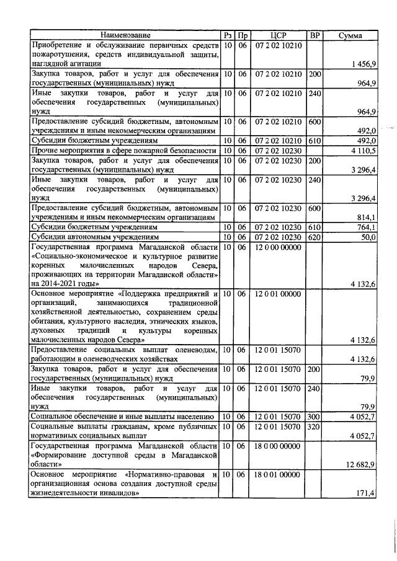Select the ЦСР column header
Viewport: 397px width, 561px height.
(x=277, y=36)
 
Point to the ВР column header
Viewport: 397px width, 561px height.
(x=314, y=36)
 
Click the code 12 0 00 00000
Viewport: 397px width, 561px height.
(x=277, y=247)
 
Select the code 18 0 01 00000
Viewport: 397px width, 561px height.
(x=277, y=474)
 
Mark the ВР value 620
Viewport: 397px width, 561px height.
(x=314, y=237)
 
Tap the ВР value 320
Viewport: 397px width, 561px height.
(x=314, y=426)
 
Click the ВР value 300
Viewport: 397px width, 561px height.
(x=314, y=417)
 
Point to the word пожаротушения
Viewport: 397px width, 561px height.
(x=60, y=55)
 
